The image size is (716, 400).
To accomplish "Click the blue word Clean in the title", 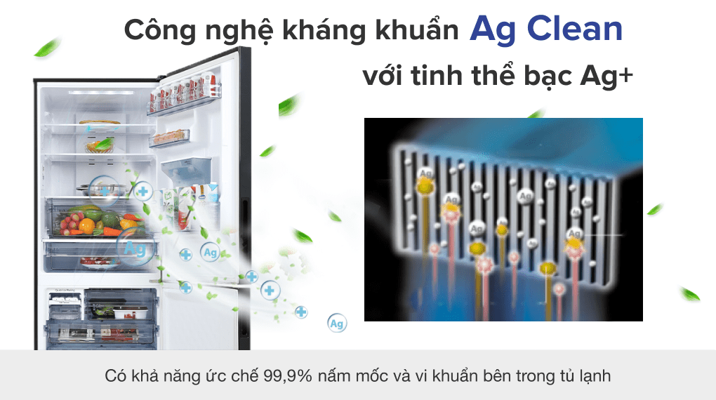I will pos(574,29).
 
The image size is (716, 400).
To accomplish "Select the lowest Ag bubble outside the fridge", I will pos(337,324).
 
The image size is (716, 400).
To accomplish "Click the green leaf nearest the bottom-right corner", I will pos(689,293).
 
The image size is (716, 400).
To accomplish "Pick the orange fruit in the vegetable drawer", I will pos(86,225).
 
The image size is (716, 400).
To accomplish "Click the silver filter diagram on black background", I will pos(503,219).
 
